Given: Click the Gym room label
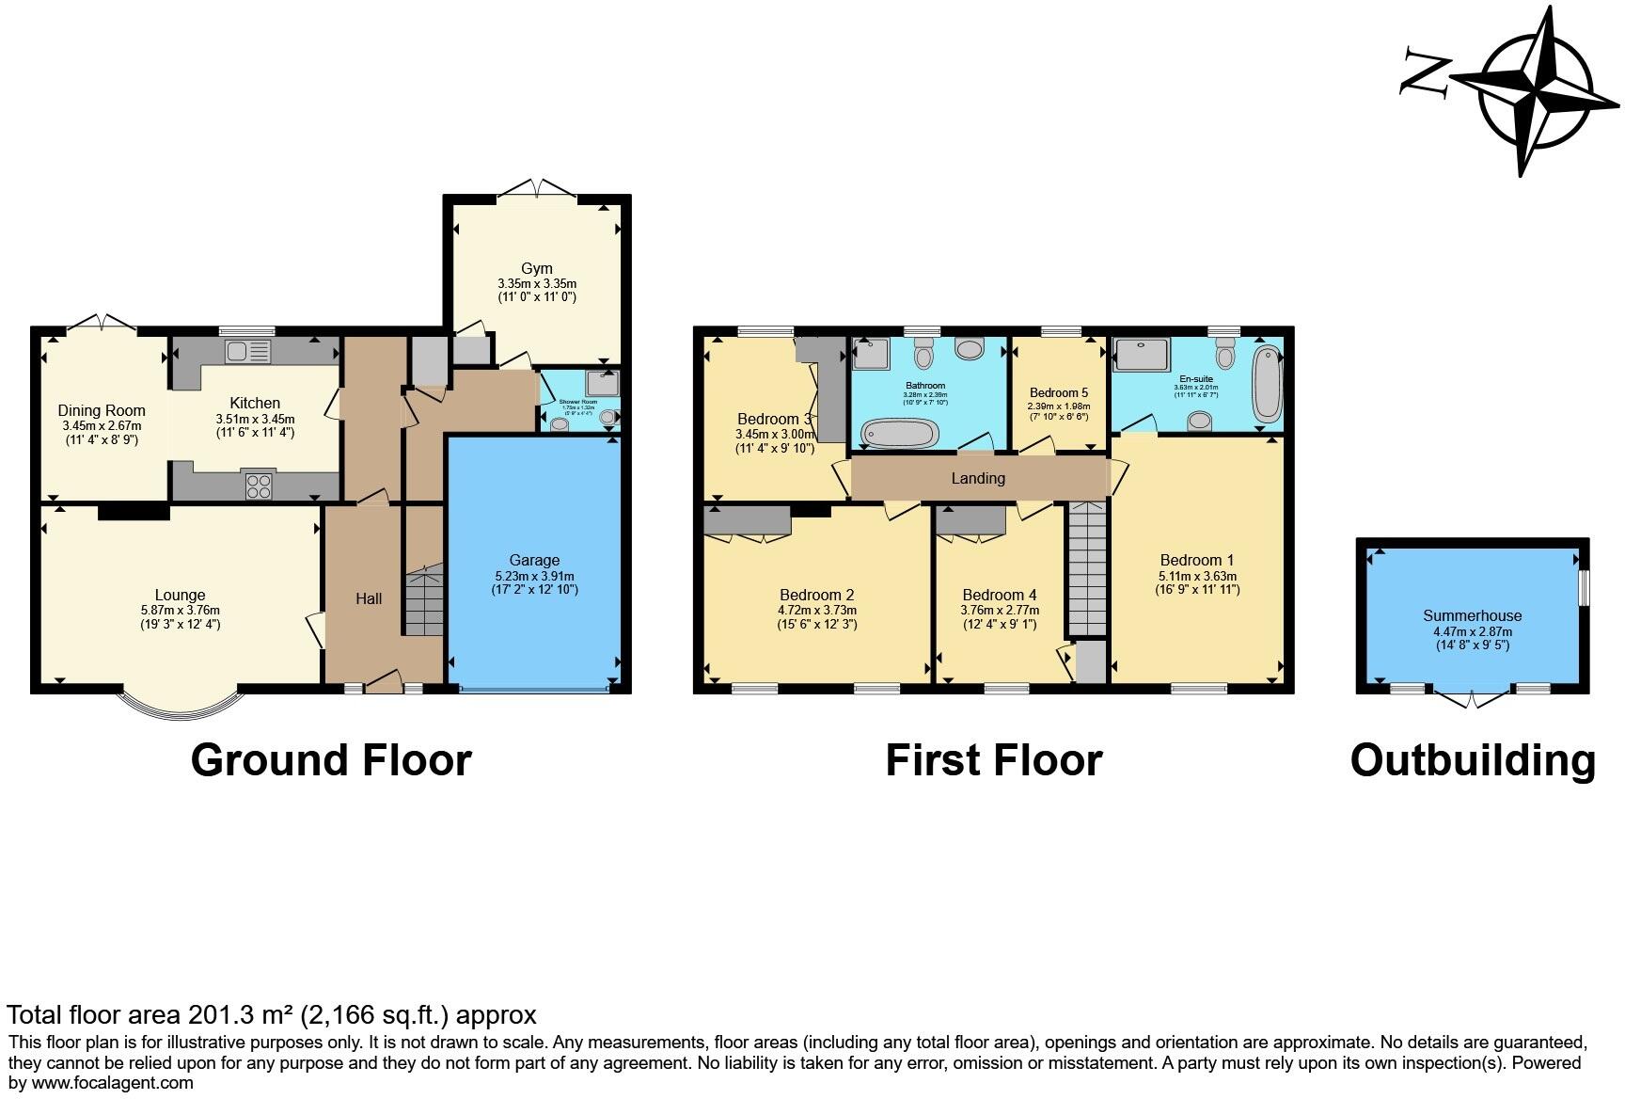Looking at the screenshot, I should coord(537,268).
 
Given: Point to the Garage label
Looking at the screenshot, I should coord(534,560).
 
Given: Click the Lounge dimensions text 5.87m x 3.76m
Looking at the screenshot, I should coord(180,610).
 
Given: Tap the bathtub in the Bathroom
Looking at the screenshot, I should coord(900,434).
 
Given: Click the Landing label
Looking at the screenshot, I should coord(978,478).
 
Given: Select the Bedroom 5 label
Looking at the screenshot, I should coord(1059,392).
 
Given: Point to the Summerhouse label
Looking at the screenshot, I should coord(1472,615).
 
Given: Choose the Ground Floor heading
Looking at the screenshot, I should coord(331,759).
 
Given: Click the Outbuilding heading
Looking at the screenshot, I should coord(1473,759).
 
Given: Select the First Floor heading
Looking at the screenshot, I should coord(994,759).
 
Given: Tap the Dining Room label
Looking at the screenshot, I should coord(102,410).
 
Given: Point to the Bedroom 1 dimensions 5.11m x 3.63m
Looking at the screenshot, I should coord(1197,576).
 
